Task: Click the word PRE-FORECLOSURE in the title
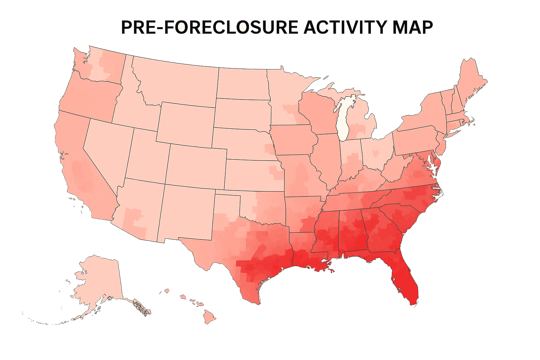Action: point(210,27)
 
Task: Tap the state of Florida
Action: point(404,278)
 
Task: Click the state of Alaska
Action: point(98,281)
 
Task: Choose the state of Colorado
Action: point(195,165)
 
